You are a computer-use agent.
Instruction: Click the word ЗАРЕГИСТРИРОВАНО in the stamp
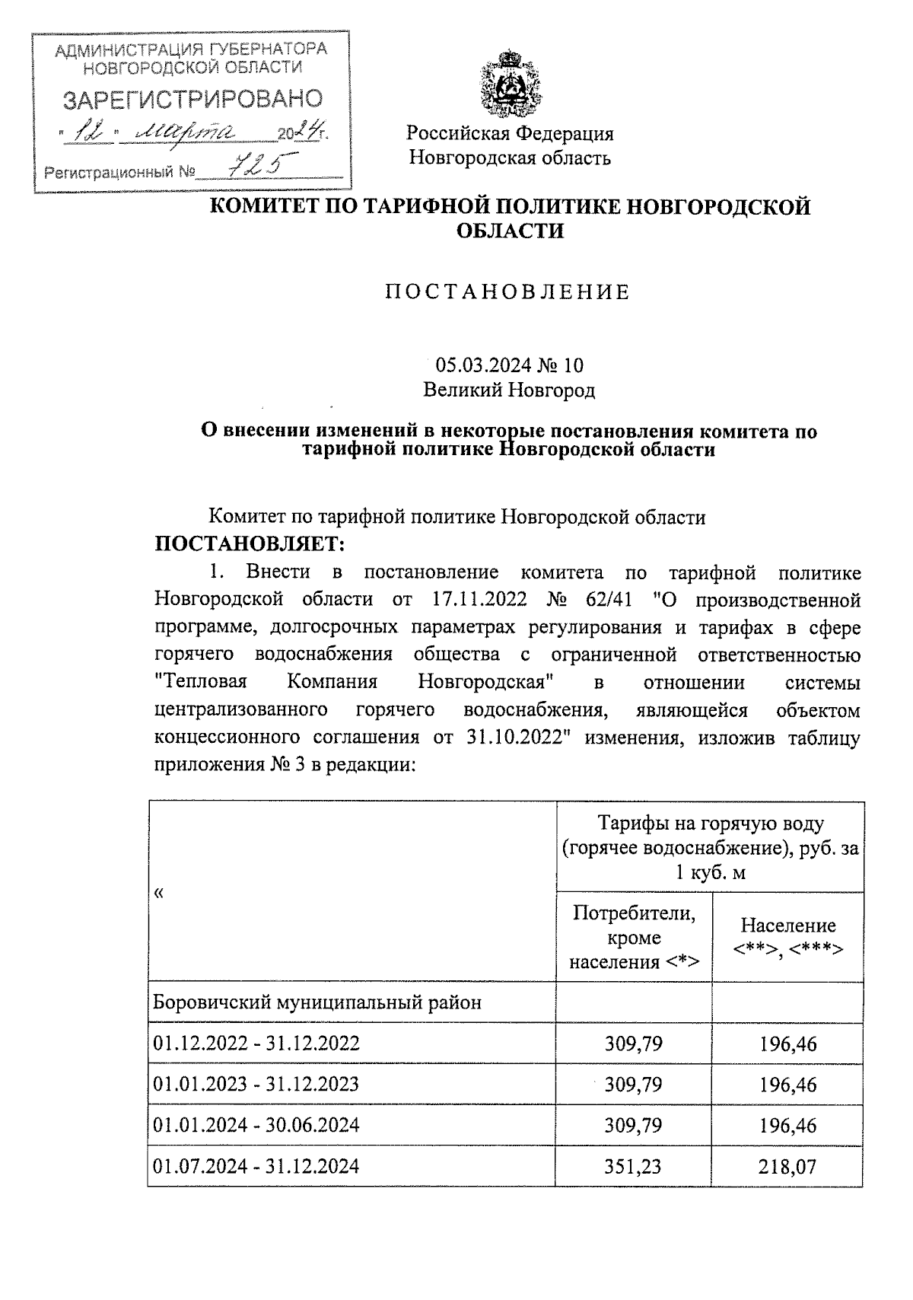192,99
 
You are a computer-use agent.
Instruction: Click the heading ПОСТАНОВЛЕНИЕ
509,292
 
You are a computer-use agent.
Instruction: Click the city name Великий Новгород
509,390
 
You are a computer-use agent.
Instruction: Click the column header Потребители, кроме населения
634,937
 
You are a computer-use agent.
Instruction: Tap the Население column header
788,936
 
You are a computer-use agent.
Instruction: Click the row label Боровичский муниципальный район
317,1002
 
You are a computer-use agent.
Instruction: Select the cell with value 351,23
633,1166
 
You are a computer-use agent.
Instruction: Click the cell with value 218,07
788,1166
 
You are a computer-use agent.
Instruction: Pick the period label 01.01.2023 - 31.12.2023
256,1084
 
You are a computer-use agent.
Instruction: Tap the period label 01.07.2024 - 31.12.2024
256,1166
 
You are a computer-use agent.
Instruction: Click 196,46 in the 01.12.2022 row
788,1043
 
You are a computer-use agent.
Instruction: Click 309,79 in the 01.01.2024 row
633,1125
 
